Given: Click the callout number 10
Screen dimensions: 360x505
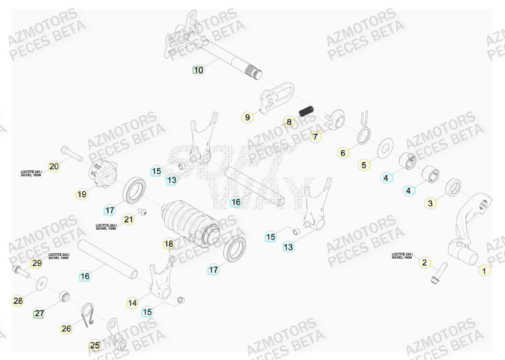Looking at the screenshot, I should pyautogui.click(x=198, y=70).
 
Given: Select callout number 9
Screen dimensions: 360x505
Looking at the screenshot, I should pyautogui.click(x=248, y=118).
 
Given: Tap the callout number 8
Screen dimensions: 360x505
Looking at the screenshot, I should pyautogui.click(x=289, y=122).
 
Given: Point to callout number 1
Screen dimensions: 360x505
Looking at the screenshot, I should pyautogui.click(x=484, y=271).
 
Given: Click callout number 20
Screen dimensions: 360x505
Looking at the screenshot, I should pyautogui.click(x=54, y=167).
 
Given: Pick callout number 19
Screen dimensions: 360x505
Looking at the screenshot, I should pyautogui.click(x=82, y=194).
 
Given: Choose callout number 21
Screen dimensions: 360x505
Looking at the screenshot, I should pyautogui.click(x=128, y=219).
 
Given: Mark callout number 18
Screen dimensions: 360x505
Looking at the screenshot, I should pyautogui.click(x=168, y=244).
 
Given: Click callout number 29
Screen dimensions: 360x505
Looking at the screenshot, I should pyautogui.click(x=37, y=263).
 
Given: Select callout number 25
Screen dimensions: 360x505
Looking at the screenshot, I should pyautogui.click(x=95, y=346).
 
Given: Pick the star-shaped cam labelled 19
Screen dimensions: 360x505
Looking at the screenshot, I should pyautogui.click(x=103, y=171).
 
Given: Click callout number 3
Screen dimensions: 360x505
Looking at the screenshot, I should pyautogui.click(x=431, y=203).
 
